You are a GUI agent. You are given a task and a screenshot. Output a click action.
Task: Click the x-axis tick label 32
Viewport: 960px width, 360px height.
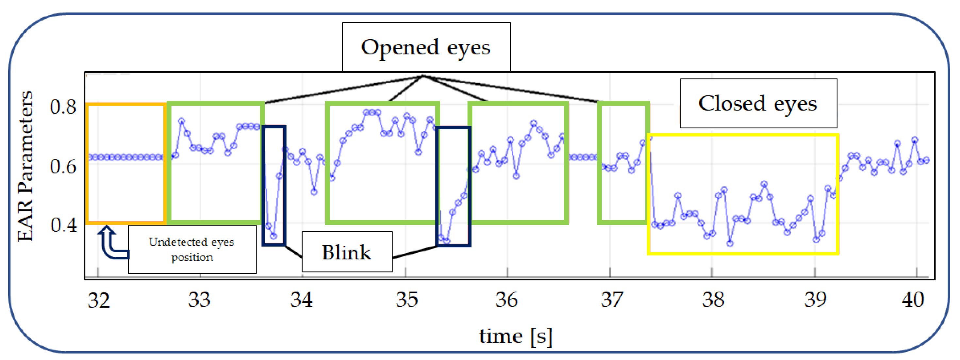coord(99,300)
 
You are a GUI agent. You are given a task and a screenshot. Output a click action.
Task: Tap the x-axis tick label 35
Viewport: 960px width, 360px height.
coord(406,300)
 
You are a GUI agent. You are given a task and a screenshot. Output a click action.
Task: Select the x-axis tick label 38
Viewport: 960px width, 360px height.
coord(713,300)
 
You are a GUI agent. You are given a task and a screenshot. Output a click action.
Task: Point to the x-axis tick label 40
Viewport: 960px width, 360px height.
coord(913,300)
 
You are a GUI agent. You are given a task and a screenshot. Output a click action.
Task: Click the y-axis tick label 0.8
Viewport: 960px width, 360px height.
coord(63,107)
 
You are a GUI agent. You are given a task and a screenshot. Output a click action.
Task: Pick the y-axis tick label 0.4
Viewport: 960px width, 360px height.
coord(64,225)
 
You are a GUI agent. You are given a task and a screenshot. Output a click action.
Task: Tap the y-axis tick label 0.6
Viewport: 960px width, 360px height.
coord(63,166)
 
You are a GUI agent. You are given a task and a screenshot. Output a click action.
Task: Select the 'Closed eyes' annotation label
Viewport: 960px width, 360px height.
coord(758,104)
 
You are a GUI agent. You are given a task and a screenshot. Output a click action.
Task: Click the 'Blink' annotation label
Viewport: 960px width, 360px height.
coord(346,252)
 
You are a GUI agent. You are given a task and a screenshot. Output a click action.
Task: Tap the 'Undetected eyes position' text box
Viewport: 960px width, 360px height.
coord(191,249)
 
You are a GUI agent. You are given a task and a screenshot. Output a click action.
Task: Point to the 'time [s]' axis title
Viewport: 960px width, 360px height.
coord(515,336)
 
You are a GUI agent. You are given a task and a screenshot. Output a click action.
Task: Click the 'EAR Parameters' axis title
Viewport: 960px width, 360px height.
coord(25,166)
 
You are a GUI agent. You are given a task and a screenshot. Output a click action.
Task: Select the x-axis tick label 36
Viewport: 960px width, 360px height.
coord(506,300)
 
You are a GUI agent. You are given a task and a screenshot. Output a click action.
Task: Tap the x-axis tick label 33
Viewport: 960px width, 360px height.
coord(199,300)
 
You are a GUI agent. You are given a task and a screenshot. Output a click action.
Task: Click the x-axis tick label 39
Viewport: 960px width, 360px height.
coord(815,300)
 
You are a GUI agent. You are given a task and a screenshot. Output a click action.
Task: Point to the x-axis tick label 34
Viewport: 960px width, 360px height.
coord(302,300)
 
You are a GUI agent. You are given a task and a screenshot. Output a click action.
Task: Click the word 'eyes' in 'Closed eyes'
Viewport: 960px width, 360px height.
coord(795,104)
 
